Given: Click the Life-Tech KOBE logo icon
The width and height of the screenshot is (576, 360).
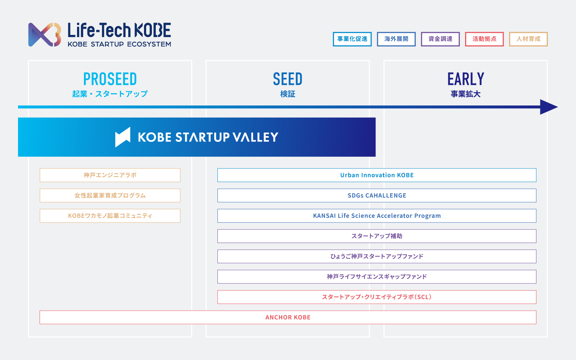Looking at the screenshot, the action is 45,35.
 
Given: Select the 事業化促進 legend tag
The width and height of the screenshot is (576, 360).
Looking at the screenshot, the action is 352,39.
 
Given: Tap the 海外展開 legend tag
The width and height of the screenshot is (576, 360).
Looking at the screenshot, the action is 396,39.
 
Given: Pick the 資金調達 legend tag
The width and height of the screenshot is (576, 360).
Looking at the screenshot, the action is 440,39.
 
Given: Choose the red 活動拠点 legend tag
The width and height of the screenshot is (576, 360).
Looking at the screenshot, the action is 485,39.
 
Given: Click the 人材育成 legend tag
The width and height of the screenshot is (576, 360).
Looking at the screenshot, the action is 528,39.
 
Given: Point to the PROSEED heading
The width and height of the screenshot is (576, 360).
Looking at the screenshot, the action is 110,79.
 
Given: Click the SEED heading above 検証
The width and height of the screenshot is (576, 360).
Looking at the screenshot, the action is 288,79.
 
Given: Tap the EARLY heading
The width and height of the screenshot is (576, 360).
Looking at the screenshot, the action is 466,79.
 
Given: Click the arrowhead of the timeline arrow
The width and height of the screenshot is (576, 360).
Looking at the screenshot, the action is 549,107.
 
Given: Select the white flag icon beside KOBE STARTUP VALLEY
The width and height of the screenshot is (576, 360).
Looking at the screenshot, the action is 123,137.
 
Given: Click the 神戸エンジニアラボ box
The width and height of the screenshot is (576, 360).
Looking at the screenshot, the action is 110,175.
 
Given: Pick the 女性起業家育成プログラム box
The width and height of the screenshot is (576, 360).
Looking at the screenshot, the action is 110,195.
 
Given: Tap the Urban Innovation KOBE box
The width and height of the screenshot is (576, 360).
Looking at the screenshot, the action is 377,175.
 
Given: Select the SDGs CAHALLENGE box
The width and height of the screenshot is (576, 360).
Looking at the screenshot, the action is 377,195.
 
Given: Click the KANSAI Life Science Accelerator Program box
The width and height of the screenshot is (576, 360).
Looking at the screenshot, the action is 377,216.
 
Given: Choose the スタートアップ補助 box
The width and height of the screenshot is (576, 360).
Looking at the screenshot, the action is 377,236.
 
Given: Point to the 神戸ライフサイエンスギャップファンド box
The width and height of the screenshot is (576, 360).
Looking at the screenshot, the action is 377,277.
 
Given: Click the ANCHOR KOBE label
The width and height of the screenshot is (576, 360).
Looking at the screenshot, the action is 288,317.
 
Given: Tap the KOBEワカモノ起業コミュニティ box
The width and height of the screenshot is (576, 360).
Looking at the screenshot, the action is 110,216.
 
